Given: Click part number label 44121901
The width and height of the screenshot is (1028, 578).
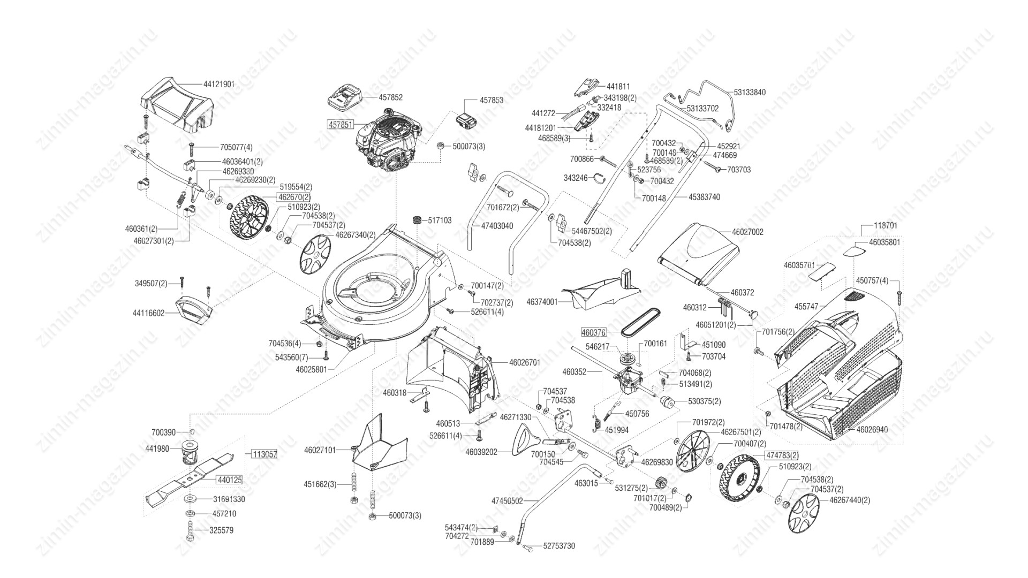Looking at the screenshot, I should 218,85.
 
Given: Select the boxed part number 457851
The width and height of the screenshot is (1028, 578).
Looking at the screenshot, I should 340,125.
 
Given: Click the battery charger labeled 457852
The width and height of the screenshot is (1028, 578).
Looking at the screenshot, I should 345,97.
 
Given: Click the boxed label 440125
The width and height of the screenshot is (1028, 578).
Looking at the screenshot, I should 229,480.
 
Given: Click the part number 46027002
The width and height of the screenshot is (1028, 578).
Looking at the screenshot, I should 747,232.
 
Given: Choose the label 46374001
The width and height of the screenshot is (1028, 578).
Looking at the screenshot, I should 542,302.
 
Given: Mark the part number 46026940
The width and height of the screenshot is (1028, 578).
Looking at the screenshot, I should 872,429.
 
